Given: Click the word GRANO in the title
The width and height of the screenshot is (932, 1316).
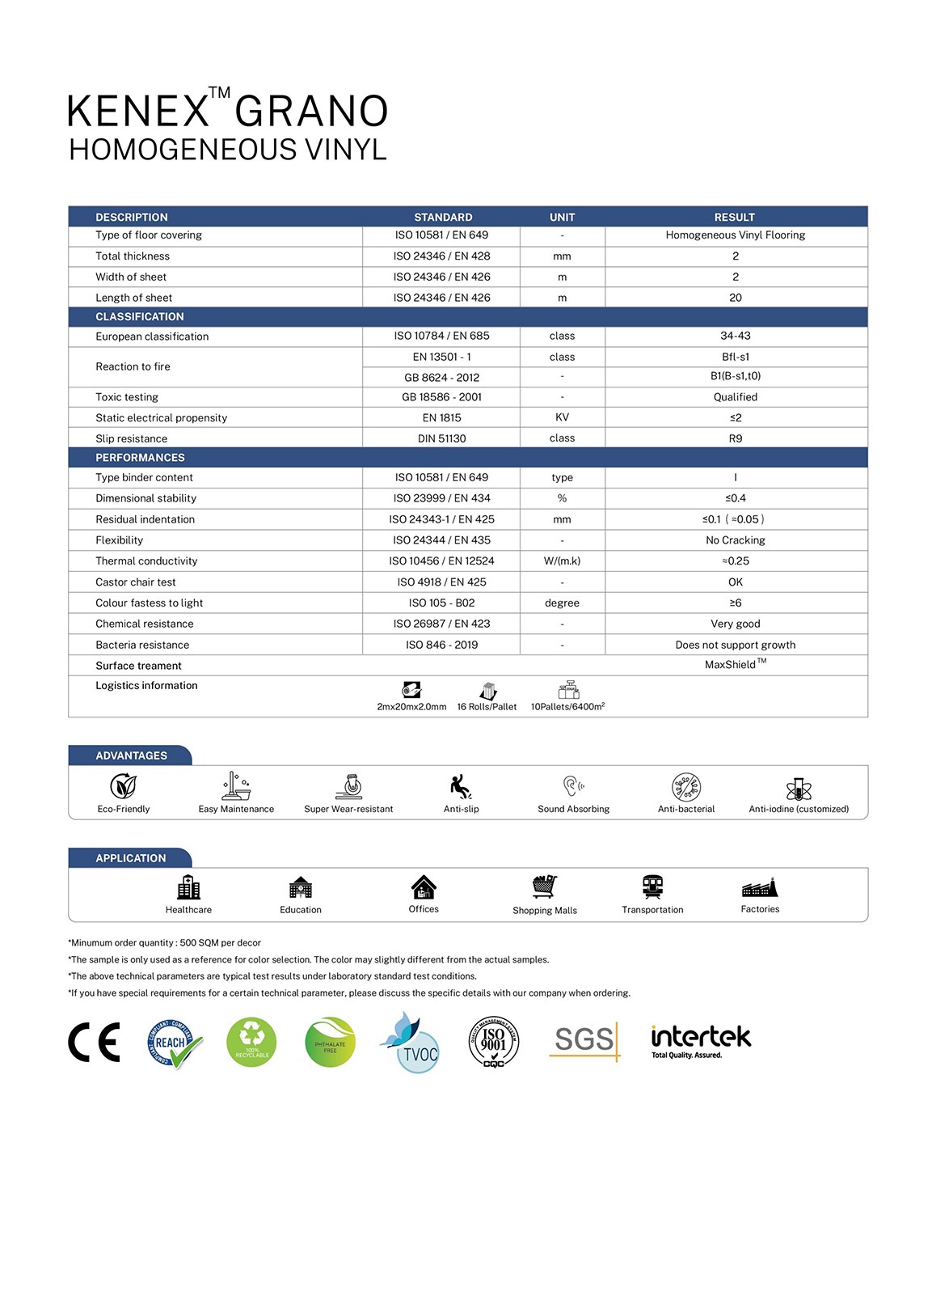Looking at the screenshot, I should [311, 112].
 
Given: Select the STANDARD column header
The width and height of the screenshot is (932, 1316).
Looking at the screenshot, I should [443, 217].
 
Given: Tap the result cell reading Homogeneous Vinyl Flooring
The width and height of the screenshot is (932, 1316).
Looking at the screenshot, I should [735, 235].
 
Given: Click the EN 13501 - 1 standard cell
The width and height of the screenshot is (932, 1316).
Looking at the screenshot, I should [441, 357].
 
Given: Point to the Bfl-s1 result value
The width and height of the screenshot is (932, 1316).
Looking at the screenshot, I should [735, 357].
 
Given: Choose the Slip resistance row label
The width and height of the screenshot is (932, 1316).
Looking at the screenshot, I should [132, 438].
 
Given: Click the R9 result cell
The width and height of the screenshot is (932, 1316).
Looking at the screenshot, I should [735, 438].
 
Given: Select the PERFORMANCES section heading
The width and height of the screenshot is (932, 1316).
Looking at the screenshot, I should [140, 458].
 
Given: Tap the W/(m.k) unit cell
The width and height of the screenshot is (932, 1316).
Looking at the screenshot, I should [562, 561].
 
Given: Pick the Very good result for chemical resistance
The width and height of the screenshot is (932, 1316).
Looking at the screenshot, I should [735, 624].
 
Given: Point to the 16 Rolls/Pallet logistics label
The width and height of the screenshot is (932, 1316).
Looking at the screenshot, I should [487, 706].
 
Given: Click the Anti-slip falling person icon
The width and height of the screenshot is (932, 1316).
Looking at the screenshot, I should [461, 786].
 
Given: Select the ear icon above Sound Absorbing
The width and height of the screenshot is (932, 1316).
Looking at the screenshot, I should [573, 785].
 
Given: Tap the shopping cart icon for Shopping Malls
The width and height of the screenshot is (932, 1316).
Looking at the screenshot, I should [545, 887].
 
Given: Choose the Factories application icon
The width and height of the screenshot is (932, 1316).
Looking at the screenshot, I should [760, 887].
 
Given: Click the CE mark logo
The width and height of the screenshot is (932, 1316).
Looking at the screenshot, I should [94, 1042].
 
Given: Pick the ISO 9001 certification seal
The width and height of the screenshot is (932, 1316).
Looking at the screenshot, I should [493, 1042].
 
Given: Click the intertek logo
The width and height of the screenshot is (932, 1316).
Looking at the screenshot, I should [701, 1040].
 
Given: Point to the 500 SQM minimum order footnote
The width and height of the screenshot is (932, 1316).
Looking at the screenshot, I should [165, 943].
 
